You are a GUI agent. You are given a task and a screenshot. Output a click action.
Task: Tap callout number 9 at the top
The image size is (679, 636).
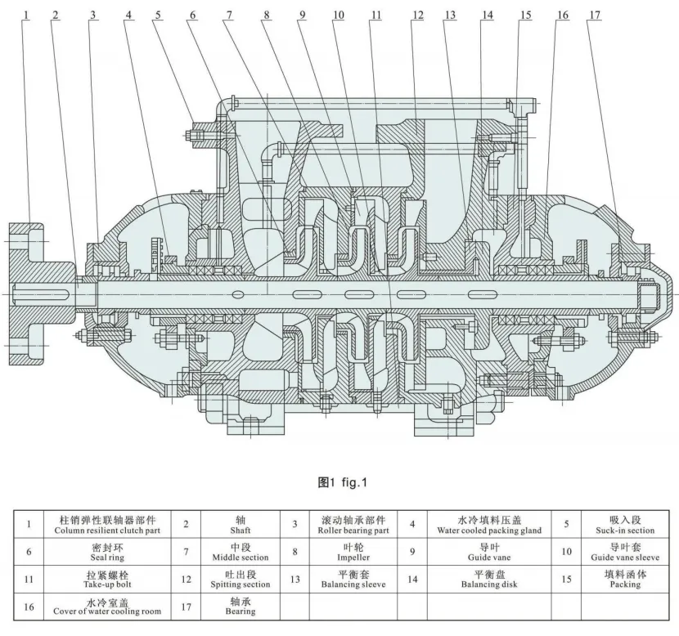pos(303,14)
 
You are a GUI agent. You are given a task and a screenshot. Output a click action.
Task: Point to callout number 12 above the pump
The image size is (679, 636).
pos(418,14)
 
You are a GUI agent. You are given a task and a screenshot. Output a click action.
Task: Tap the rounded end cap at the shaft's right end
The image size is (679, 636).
pos(661,291)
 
